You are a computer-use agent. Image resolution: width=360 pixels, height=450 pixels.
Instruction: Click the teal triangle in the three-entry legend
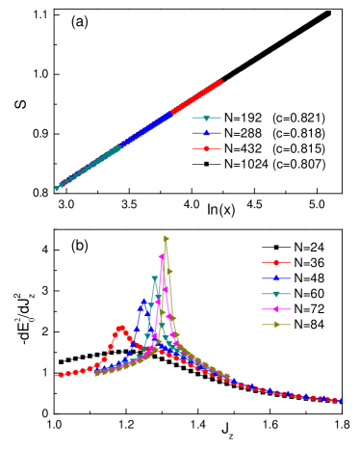(206, 119)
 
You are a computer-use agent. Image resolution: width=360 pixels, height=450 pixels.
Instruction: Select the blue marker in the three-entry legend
(206, 133)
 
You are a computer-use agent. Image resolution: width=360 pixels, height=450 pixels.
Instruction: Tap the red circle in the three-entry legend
(206, 148)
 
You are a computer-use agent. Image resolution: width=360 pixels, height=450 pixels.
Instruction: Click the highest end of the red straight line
(220, 82)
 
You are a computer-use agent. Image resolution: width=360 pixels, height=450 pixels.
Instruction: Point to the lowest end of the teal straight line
(57, 188)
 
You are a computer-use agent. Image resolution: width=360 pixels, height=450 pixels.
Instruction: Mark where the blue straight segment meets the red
(170, 114)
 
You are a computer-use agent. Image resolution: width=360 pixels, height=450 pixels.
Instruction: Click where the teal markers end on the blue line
(118, 147)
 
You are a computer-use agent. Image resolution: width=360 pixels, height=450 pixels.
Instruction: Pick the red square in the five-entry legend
(276, 262)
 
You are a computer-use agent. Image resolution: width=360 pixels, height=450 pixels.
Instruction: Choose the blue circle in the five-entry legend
(276, 278)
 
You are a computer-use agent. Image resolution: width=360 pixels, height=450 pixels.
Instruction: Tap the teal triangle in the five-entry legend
(276, 294)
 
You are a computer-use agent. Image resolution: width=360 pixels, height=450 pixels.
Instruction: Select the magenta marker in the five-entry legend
(276, 309)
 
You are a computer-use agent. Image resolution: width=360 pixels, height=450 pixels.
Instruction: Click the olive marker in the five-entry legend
(276, 325)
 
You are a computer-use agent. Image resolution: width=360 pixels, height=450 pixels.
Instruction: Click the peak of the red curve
(120, 328)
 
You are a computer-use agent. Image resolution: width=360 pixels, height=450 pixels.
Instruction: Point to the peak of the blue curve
(143, 301)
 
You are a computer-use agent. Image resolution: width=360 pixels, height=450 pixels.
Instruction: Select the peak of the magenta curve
(162, 256)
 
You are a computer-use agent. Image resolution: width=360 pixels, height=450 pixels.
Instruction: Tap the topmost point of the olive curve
(166, 237)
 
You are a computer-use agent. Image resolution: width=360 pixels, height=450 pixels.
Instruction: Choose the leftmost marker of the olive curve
(96, 373)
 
